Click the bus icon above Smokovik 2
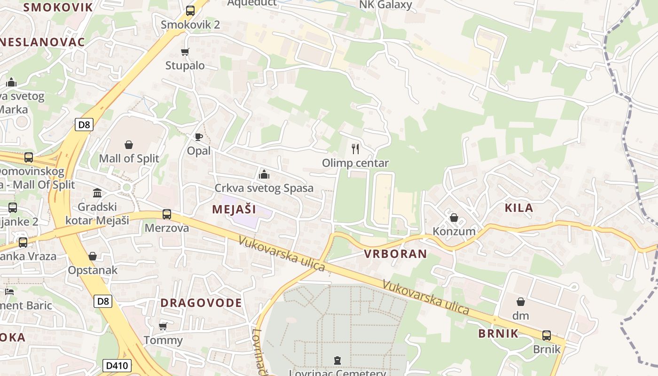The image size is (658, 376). [x=190, y=10]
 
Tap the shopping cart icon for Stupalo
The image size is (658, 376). [x=185, y=52]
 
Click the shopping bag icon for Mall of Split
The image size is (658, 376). [x=129, y=145]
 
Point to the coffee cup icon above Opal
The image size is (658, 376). [x=199, y=137]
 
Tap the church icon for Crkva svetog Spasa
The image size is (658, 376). [x=264, y=174]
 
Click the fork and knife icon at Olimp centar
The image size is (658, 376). [x=355, y=149]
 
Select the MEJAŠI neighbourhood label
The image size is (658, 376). [x=234, y=209]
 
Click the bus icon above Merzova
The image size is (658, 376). [x=167, y=214]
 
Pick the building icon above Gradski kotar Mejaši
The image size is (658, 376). [x=97, y=193]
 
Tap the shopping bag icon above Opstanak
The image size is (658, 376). [x=93, y=256]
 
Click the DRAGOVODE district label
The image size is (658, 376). [x=201, y=303]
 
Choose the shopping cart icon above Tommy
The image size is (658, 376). [x=163, y=326]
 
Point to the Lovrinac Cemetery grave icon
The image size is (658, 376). [x=337, y=360]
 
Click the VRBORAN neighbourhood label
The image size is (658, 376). [x=395, y=254]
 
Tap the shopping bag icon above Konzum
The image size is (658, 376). [x=454, y=218]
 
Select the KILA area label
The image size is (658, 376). [x=519, y=208]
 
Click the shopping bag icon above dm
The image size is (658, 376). [x=521, y=302]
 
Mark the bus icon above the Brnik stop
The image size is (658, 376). [x=547, y=336]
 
